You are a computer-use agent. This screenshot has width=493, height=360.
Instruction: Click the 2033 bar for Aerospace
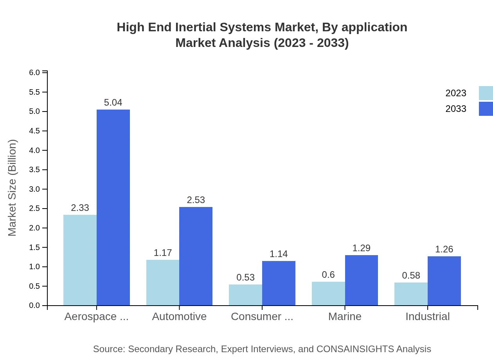pyautogui.click(x=113, y=207)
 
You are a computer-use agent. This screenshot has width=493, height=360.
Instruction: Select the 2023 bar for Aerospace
pyautogui.click(x=80, y=260)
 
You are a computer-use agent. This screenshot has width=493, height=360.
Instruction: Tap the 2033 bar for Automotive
pyautogui.click(x=196, y=256)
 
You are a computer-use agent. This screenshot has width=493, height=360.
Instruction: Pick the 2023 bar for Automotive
pyautogui.click(x=163, y=283)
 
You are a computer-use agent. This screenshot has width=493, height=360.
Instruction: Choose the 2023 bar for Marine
pyautogui.click(x=328, y=293)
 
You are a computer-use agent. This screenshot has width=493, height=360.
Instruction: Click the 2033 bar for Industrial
pyautogui.click(x=444, y=281)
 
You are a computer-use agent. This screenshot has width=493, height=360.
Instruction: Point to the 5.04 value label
pyautogui.click(x=113, y=103)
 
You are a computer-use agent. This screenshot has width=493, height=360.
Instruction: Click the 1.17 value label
pyautogui.click(x=163, y=253)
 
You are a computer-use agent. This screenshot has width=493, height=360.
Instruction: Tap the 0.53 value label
pyautogui.click(x=245, y=277)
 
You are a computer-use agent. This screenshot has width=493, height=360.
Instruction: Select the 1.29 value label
pyautogui.click(x=361, y=248)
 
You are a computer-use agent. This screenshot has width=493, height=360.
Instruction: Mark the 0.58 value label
pyautogui.click(x=411, y=275)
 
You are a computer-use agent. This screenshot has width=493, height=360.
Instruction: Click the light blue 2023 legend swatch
pyautogui.click(x=486, y=93)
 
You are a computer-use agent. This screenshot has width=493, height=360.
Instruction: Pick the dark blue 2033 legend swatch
pyautogui.click(x=486, y=109)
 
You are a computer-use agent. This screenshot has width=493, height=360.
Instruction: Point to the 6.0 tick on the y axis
pyautogui.click(x=35, y=73)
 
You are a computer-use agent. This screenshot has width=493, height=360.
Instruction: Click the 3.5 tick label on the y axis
pyautogui.click(x=35, y=170)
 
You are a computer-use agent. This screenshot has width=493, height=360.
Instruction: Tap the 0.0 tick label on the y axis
pyautogui.click(x=35, y=306)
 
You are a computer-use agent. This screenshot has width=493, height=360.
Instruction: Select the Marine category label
pyautogui.click(x=345, y=317)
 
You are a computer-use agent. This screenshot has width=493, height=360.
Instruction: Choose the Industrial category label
pyautogui.click(x=427, y=317)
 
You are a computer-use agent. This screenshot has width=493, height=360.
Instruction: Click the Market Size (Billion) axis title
pyautogui.click(x=13, y=188)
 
